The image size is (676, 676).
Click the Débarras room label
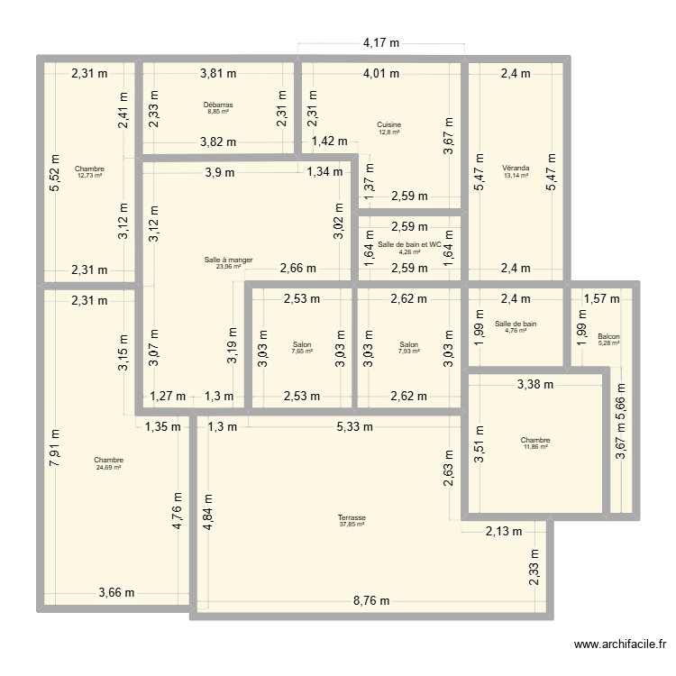(217, 105)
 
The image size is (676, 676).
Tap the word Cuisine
(389, 124)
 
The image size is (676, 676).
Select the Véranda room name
(516, 168)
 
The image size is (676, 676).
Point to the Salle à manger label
(228, 260)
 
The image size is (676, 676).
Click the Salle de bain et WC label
(410, 244)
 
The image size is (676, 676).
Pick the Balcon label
(609, 336)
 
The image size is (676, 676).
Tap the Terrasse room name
(352, 517)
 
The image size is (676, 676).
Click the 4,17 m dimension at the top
(381, 42)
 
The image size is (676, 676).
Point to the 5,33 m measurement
(354, 427)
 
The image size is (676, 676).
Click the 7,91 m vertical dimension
(55, 448)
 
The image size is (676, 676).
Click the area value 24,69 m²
(108, 468)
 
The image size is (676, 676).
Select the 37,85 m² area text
(352, 525)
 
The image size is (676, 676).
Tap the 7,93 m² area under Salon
(409, 351)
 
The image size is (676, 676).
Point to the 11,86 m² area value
(534, 447)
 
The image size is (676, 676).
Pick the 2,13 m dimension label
(503, 531)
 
